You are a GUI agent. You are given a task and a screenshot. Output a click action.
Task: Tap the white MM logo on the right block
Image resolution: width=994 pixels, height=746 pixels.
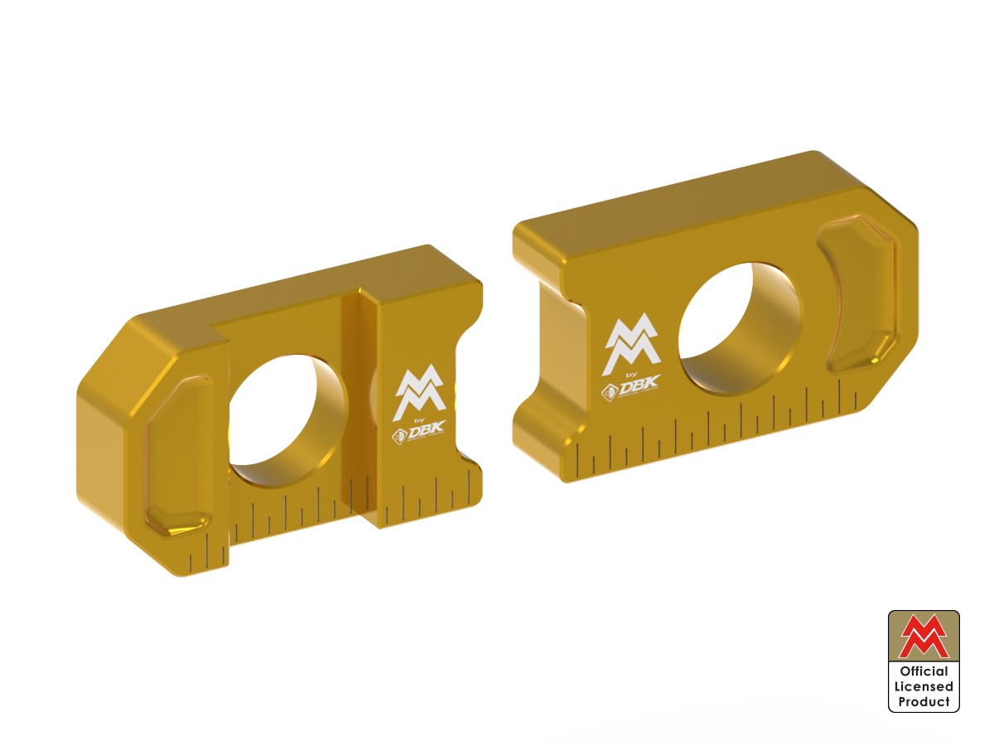632,343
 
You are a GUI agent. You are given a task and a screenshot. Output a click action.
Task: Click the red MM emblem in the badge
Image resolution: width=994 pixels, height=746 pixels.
924,636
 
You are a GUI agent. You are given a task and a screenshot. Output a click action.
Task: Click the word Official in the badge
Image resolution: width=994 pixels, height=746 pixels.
924,671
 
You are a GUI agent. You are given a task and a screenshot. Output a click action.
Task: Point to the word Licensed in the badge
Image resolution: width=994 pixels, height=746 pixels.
924,686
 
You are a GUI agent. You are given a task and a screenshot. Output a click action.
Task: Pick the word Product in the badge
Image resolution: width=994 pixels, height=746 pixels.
924,701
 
